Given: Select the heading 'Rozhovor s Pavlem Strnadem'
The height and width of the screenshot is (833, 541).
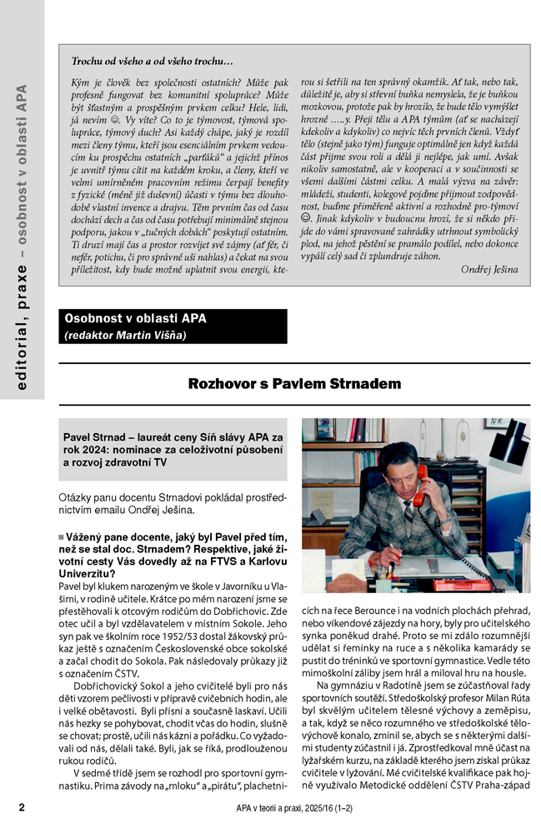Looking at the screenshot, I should point(294,384).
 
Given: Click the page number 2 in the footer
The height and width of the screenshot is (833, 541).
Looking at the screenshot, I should point(23,806).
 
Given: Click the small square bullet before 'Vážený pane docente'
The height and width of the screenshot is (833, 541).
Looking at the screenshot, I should point(62,536).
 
